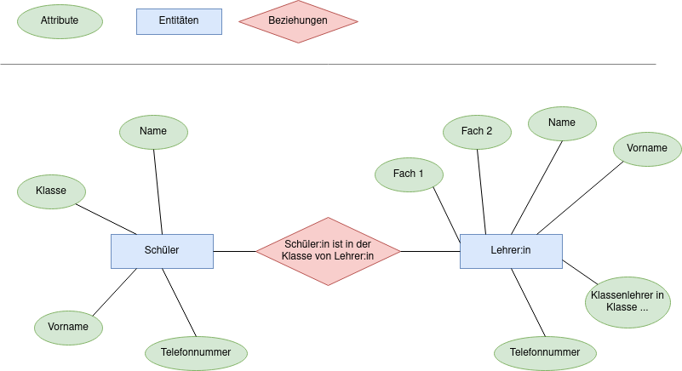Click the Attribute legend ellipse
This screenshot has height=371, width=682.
[60, 21]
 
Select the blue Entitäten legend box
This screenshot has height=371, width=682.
[179, 21]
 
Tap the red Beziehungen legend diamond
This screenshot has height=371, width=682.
[298, 21]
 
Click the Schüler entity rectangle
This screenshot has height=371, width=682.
[163, 251]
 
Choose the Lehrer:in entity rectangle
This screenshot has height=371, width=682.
[511, 251]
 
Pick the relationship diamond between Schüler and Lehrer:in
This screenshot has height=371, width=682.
[328, 251]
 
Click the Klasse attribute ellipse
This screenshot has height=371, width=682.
[51, 191]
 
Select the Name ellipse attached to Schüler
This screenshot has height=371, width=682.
[153, 132]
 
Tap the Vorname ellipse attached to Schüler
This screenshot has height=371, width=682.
[69, 328]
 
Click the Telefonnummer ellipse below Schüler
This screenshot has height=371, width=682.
[196, 353]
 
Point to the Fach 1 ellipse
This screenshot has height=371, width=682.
[409, 174]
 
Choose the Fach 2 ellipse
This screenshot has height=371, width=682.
[477, 132]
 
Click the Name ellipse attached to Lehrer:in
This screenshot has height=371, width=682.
[563, 123]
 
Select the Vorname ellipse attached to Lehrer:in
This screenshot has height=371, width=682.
[648, 149]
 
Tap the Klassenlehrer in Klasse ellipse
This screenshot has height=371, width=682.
[628, 302]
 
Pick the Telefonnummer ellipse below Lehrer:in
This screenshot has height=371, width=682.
[546, 353]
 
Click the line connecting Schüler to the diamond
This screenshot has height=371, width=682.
[235, 251]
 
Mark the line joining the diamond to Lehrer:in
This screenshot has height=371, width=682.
[430, 251]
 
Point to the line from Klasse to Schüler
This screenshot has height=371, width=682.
[106, 220]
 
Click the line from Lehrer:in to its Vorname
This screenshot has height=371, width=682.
[580, 198]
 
